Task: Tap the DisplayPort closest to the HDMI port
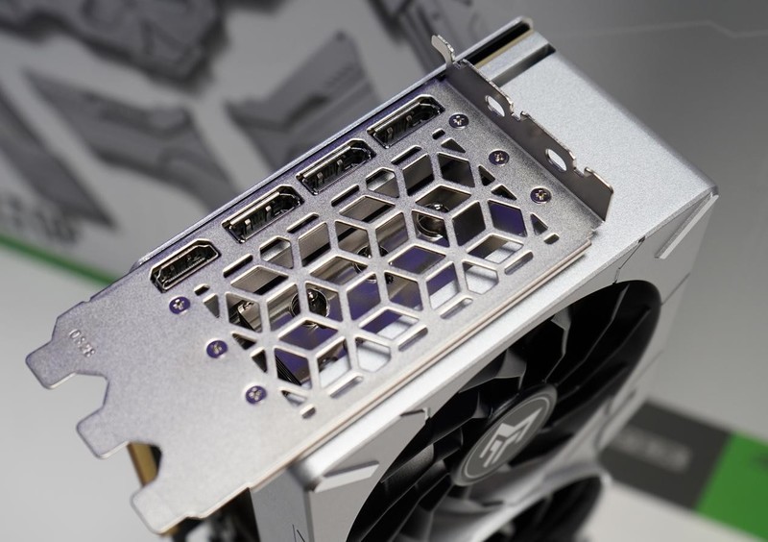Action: [263, 212]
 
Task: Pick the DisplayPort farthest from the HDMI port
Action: [404, 121]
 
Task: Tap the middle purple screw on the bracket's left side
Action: [217, 348]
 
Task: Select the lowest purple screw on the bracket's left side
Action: [255, 393]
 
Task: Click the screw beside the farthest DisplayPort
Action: [459, 120]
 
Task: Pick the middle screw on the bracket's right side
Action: [498, 157]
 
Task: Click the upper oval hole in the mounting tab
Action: [496, 105]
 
